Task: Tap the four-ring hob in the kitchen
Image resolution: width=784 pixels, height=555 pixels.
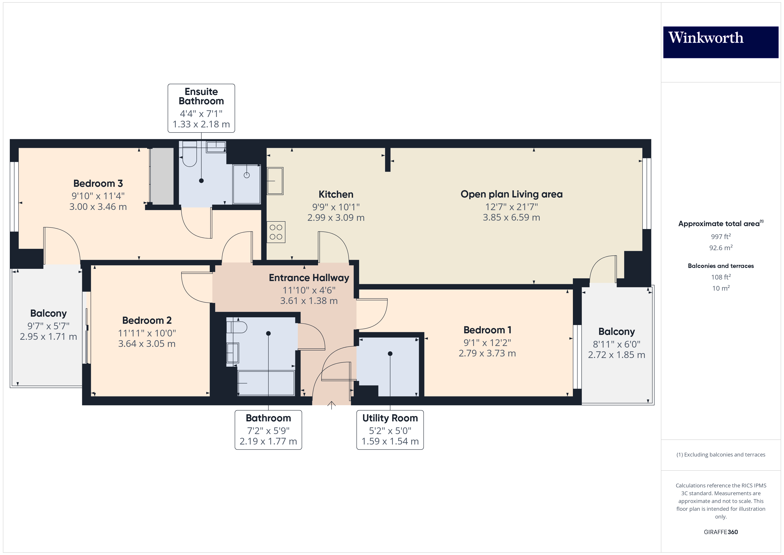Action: point(276,232)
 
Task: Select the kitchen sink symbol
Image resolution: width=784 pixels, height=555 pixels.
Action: point(275,181)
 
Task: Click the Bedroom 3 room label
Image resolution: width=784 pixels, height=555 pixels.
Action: point(98,183)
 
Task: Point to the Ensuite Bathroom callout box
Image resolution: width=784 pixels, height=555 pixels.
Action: point(201,108)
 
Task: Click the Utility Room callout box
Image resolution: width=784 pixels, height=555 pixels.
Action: point(390,430)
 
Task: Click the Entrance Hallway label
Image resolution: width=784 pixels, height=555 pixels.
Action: point(309,278)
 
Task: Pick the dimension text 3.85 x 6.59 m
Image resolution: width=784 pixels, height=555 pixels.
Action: point(511,217)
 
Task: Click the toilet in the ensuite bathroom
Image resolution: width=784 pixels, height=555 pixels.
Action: point(190,157)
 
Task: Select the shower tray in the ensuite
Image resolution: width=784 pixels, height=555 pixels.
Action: point(246,184)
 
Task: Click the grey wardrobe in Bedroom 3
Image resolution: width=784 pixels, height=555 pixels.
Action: point(162,176)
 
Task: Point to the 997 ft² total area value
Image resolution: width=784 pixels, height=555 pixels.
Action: point(720,237)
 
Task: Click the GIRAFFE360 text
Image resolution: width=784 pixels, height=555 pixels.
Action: point(720,532)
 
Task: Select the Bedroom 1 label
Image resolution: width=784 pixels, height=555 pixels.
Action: point(487,330)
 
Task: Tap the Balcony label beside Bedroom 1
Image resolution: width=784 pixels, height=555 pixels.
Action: point(616,332)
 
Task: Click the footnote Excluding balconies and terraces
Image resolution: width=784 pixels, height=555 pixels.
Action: point(720,454)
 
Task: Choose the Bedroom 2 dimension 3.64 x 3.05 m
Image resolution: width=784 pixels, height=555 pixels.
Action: point(147,344)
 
